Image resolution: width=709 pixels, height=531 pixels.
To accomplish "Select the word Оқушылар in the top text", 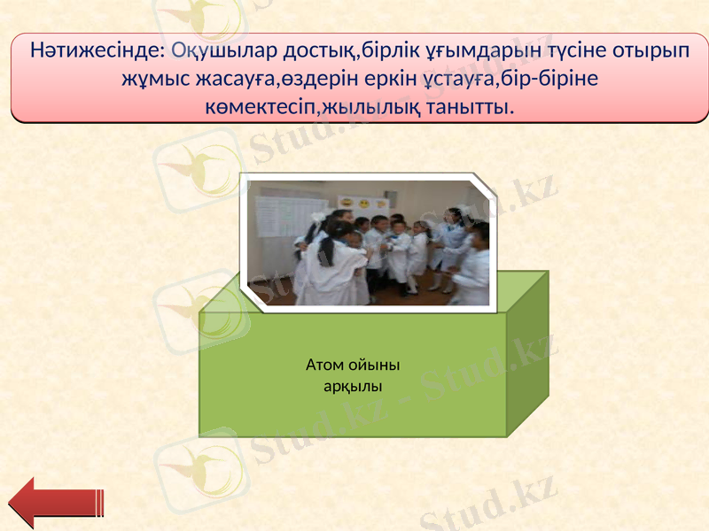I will click(213, 50).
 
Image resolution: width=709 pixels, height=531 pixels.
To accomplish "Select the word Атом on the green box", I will click(325, 365).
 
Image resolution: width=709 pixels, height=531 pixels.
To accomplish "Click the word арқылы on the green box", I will click(353, 386).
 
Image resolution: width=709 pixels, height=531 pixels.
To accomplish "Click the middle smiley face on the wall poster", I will click(362, 203).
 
